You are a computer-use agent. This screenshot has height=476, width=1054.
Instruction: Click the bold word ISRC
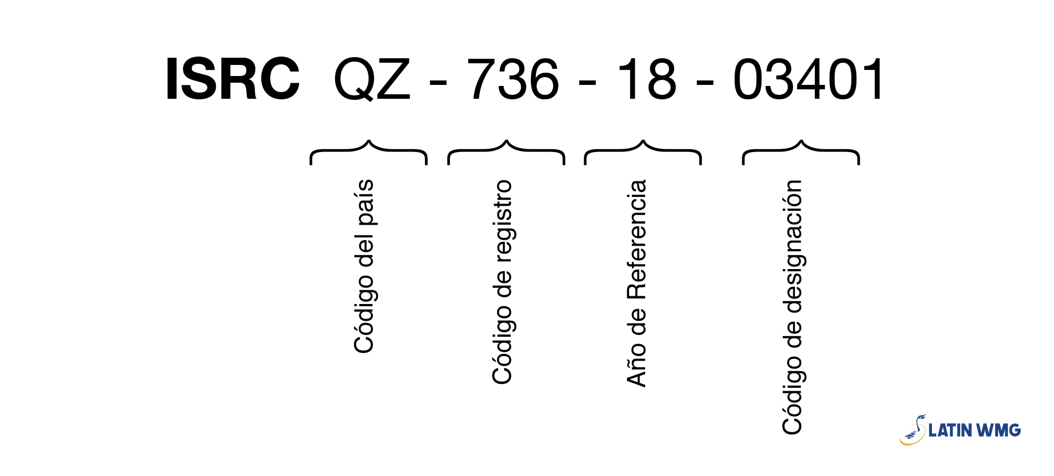point(232,79)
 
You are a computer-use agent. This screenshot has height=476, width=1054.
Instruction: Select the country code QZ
point(372,79)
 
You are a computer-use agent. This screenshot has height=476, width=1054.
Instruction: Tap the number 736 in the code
point(514,79)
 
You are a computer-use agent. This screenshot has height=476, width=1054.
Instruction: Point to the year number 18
point(647,79)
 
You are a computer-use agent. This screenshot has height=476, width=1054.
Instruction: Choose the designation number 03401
point(808,79)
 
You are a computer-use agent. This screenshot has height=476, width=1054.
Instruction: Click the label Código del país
point(364,266)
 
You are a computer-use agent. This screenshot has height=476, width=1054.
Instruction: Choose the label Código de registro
point(503,282)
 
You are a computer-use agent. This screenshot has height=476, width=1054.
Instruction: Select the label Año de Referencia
point(636,283)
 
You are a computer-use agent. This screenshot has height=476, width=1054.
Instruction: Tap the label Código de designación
point(793,307)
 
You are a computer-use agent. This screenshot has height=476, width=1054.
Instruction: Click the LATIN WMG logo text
point(975,430)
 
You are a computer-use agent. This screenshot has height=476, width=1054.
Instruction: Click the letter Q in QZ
point(354,80)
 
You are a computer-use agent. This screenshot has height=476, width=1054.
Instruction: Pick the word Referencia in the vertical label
point(636,239)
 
